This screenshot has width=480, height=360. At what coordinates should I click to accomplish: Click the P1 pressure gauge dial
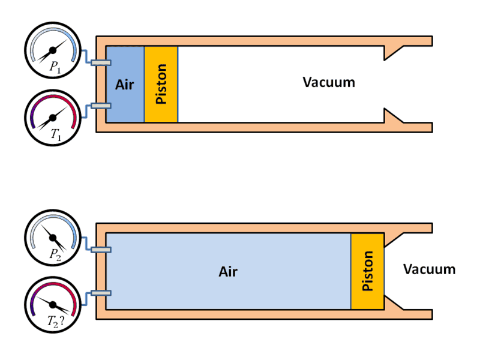53,50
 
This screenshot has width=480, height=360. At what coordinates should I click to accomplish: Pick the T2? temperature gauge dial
53,305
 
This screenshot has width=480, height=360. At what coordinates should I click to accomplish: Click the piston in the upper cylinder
161,84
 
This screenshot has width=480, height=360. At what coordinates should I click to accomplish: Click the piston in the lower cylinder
367,271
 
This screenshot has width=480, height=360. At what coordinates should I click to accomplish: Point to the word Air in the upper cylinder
124,84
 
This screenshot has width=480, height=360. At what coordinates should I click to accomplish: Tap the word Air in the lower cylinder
228,272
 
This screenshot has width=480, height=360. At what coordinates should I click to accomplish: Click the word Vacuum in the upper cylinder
329,82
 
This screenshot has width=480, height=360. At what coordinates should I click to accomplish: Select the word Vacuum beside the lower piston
429,269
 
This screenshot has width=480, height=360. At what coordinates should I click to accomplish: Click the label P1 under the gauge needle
55,68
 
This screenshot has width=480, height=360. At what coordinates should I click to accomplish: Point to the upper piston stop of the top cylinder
394,52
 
